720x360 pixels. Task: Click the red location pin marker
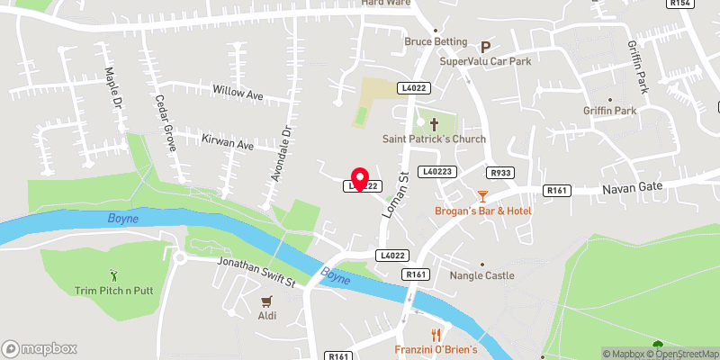tap(360, 177)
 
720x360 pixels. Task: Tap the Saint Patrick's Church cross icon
tap(433, 124)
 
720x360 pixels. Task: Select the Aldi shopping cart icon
tap(266, 301)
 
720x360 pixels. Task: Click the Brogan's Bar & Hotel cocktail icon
tap(482, 194)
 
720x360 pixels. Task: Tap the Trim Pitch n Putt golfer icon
tap(112, 274)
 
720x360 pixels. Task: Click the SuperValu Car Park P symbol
tap(486, 46)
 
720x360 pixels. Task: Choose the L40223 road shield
tap(436, 172)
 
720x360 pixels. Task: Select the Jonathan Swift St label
tap(256, 273)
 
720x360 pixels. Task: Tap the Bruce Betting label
tap(436, 41)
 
